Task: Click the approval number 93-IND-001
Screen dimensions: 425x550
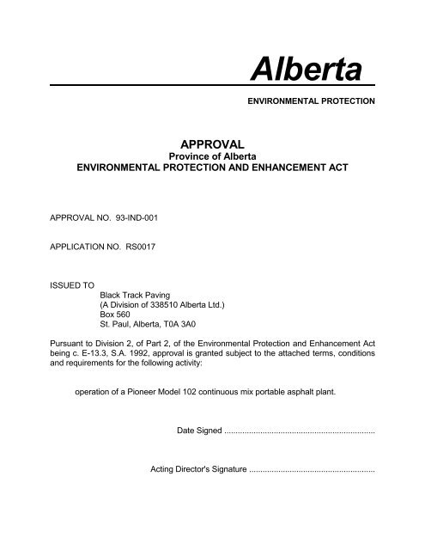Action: click(x=133, y=217)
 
